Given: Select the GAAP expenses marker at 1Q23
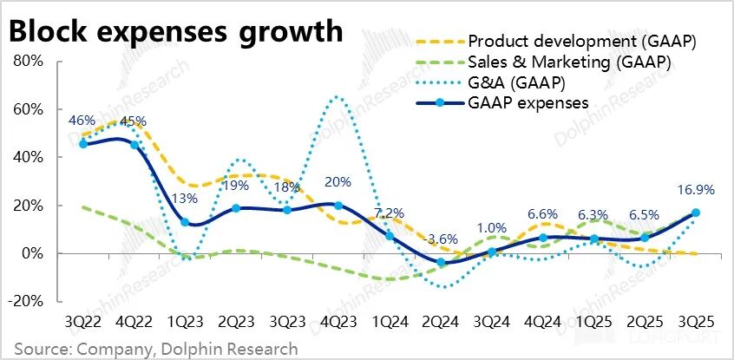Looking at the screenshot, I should click(186, 222).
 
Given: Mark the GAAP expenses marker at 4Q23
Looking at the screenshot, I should click(338, 206).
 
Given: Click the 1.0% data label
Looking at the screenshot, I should click(491, 229).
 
